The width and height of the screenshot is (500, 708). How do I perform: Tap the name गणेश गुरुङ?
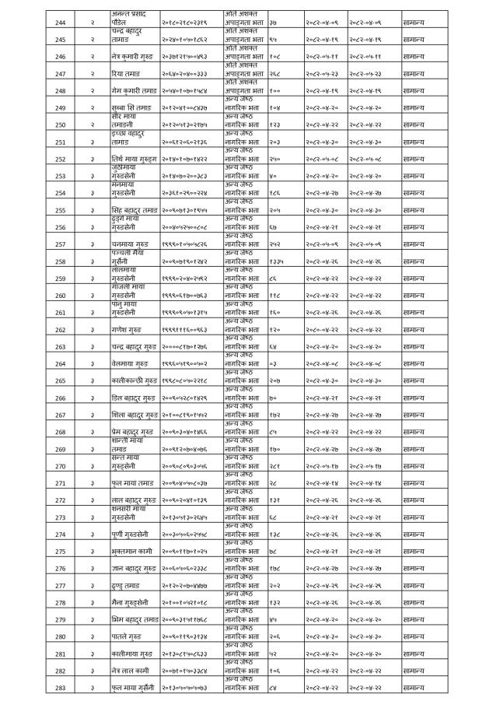point(128,330)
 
